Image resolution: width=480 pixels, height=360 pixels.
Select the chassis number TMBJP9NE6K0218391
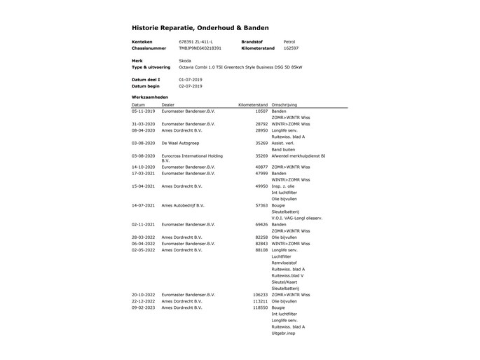click(x=200, y=48)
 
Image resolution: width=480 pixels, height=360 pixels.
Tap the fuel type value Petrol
click(x=289, y=42)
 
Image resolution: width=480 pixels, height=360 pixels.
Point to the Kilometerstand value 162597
click(x=291, y=48)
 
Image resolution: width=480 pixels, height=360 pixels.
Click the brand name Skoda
click(x=185, y=61)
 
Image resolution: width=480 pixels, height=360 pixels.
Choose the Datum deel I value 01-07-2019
click(x=191, y=80)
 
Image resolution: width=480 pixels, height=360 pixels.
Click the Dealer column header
click(x=168, y=104)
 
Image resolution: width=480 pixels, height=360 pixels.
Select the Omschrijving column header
click(x=285, y=104)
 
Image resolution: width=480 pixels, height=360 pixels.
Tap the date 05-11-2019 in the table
click(x=143, y=111)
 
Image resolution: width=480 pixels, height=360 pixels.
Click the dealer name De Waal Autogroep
click(x=181, y=142)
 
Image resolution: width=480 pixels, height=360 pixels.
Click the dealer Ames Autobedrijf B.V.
click(x=182, y=205)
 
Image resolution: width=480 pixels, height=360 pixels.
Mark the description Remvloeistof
click(x=284, y=263)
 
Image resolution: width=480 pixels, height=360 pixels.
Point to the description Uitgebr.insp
click(x=283, y=333)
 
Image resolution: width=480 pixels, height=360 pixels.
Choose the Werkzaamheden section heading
click(x=150, y=96)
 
